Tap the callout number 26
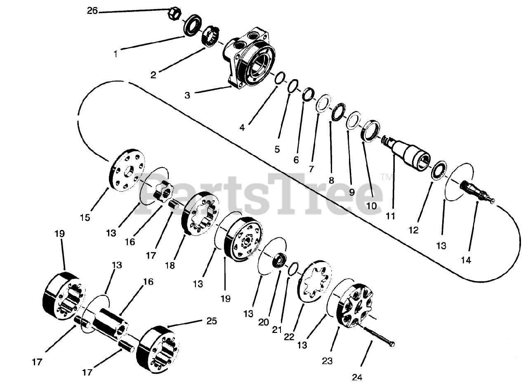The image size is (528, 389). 92,11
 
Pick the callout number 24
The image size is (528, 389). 357,377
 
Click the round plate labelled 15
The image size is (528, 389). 127,171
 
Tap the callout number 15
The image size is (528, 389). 85,218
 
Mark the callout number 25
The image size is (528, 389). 211,321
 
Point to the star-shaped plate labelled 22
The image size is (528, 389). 316,283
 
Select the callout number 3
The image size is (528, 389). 187,95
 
